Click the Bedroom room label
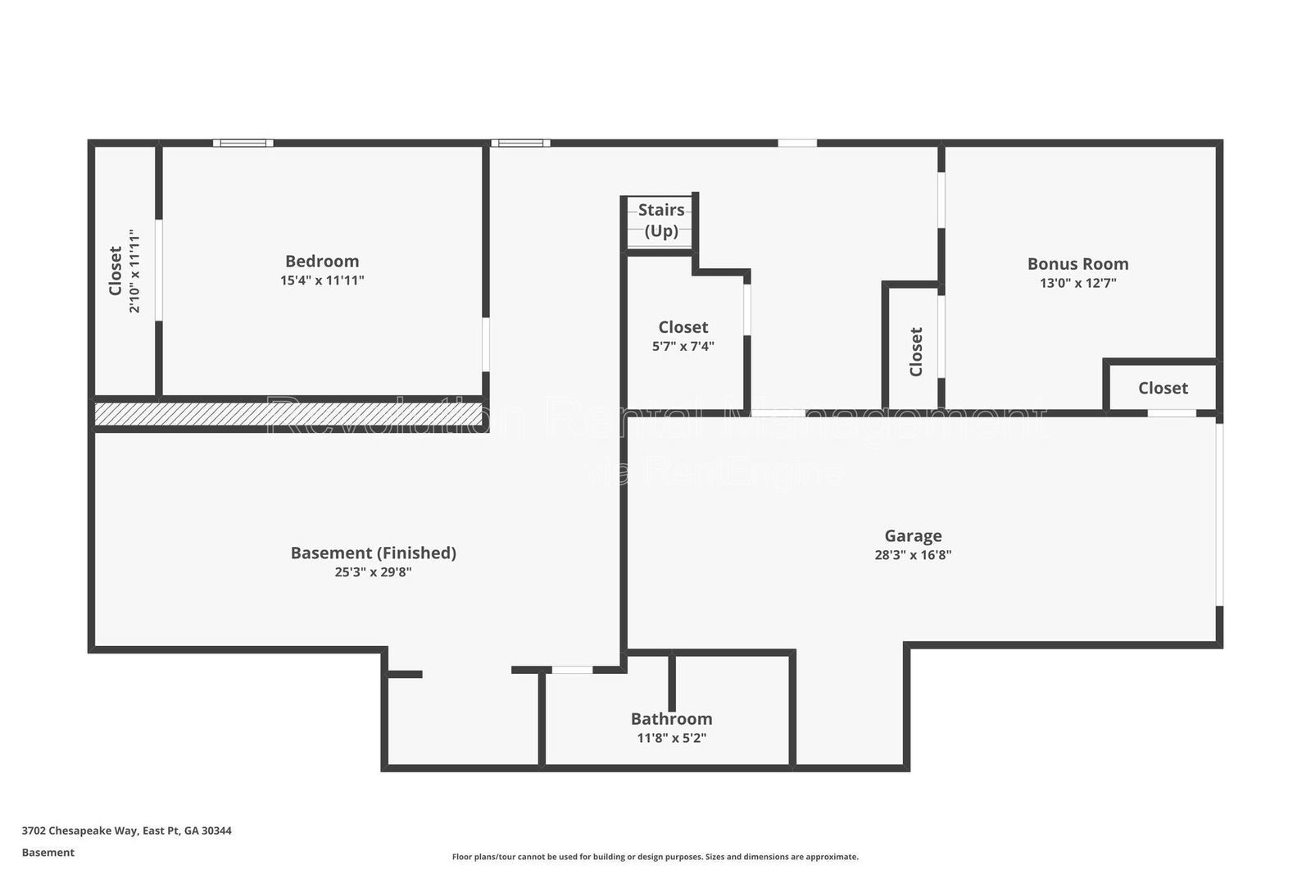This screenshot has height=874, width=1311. pyautogui.click(x=322, y=261)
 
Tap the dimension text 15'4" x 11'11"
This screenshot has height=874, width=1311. pyautogui.click(x=322, y=280)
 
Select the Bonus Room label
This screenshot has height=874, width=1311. pyautogui.click(x=1077, y=264)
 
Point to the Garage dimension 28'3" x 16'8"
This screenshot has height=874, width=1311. pyautogui.click(x=913, y=555)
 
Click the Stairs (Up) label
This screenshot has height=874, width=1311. pyautogui.click(x=660, y=220)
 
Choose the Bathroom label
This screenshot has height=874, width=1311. pyautogui.click(x=671, y=719)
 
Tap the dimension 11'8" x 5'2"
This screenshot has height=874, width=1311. pyautogui.click(x=671, y=738)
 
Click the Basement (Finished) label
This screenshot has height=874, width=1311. pyautogui.click(x=373, y=553)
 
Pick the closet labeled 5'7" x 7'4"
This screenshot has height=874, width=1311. pyautogui.click(x=683, y=327)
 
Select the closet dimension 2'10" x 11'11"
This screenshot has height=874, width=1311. pyautogui.click(x=134, y=271)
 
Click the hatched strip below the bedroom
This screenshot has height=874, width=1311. pyautogui.click(x=288, y=414)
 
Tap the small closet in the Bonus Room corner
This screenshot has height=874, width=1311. pyautogui.click(x=1162, y=388)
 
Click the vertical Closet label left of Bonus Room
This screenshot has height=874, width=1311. pyautogui.click(x=916, y=352)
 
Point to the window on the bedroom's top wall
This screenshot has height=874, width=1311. pyautogui.click(x=243, y=143)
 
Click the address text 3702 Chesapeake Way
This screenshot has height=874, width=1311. pyautogui.click(x=126, y=831)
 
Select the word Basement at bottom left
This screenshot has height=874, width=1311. pyautogui.click(x=48, y=853)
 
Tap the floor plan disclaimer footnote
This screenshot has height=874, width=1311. pyautogui.click(x=655, y=857)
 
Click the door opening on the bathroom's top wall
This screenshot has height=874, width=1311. pyautogui.click(x=572, y=670)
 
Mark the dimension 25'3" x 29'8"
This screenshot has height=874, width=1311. pyautogui.click(x=373, y=572)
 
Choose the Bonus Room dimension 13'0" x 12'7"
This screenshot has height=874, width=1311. pyautogui.click(x=1077, y=284)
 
